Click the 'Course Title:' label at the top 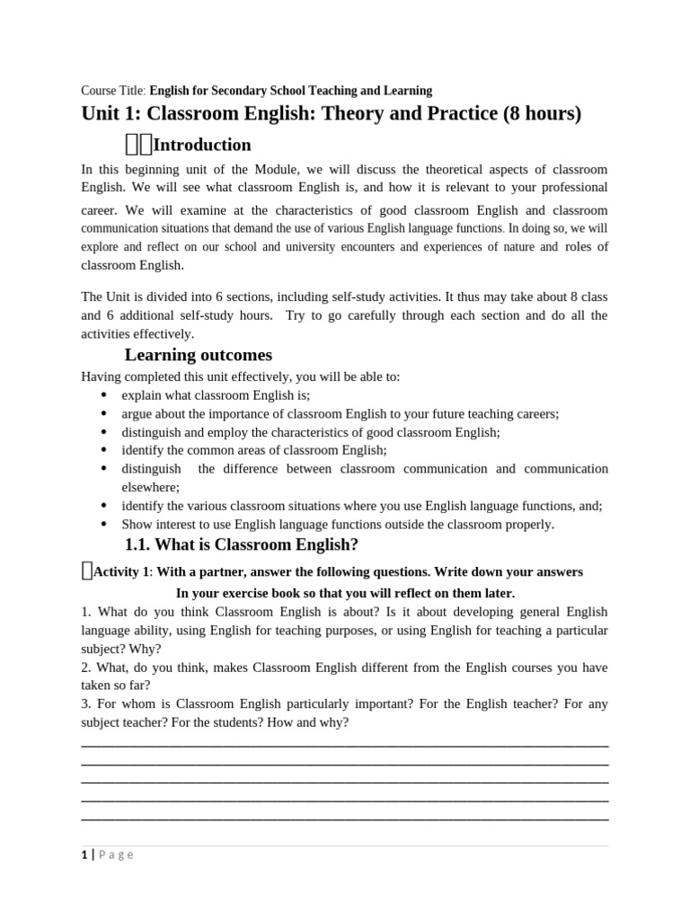click(113, 91)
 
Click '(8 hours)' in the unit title click(542, 114)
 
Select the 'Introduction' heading click(202, 145)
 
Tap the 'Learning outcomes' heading click(198, 355)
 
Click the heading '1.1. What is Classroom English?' click(241, 544)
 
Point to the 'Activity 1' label click(121, 572)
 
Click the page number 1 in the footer click(84, 855)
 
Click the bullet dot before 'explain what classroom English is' click(104, 394)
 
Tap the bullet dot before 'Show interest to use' click(104, 524)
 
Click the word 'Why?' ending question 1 click(146, 649)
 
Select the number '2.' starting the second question click(86, 668)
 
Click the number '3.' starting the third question click(86, 704)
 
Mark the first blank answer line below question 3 click(345, 746)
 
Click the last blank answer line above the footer click(345, 818)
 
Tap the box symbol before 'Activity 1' click(86, 570)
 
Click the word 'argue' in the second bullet click(137, 413)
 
